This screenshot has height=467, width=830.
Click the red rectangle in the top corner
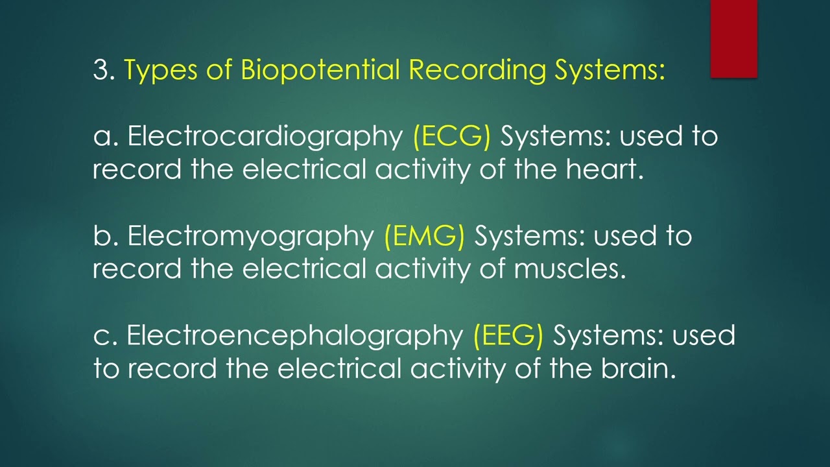pos(733,39)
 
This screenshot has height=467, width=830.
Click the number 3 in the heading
pos(101,70)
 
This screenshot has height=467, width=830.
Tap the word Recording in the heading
pos(477,70)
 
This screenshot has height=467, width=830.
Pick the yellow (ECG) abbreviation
pos(451,136)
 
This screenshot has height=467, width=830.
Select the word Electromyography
pos(251,236)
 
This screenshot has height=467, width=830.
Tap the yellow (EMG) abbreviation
pos(424,236)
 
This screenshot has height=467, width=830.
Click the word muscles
pos(570,269)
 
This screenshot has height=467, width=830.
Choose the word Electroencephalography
pos(294,335)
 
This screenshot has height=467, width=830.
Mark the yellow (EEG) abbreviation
pos(508,335)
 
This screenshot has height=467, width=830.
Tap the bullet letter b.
pos(102,236)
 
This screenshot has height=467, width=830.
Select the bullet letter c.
pos(101,336)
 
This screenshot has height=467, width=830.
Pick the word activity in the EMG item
pos(422,269)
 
